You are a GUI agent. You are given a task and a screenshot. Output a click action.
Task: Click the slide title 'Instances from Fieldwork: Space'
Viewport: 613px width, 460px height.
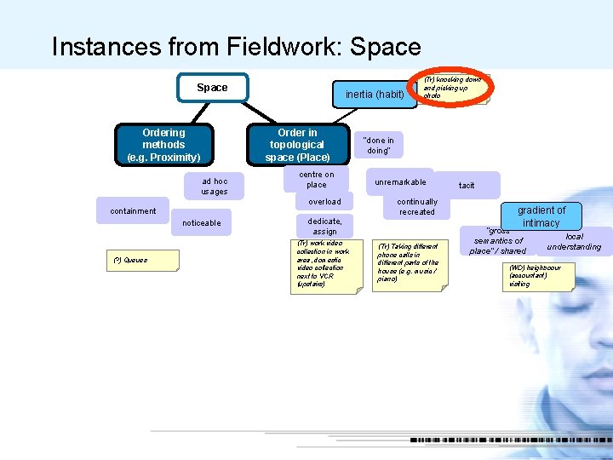coord(236,46)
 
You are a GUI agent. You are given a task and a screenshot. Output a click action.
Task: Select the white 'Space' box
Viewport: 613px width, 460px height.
coord(212,88)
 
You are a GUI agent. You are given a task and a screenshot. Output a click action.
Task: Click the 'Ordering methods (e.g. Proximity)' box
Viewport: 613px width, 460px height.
coord(163,145)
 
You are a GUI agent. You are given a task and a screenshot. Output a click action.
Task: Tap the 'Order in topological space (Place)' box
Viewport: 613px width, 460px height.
coord(297,145)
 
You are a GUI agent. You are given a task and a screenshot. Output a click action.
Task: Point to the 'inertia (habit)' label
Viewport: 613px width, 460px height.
coord(375,94)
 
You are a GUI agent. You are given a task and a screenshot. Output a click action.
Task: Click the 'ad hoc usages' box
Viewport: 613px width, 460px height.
coord(215,186)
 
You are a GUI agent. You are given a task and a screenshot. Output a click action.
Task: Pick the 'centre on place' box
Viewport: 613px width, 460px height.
coord(316,179)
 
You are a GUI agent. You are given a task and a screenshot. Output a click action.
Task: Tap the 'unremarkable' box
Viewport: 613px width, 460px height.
coord(400,182)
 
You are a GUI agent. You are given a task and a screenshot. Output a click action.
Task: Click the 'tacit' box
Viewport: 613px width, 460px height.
coord(467,185)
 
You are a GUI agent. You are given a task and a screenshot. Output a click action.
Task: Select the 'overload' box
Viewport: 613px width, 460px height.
coord(324,202)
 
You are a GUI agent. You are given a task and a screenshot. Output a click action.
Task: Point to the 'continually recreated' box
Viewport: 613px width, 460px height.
coord(417,207)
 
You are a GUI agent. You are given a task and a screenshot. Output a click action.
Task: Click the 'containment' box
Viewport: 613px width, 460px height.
coord(133,211)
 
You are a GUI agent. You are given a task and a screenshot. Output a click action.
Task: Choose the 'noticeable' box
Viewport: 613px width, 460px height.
coord(201,223)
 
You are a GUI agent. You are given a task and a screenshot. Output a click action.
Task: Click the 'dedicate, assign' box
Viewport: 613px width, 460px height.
coord(324,226)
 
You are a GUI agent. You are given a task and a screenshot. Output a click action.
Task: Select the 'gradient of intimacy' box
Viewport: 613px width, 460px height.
coord(541,216)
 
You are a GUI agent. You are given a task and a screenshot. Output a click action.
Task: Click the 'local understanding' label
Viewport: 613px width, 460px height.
coord(574,242)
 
